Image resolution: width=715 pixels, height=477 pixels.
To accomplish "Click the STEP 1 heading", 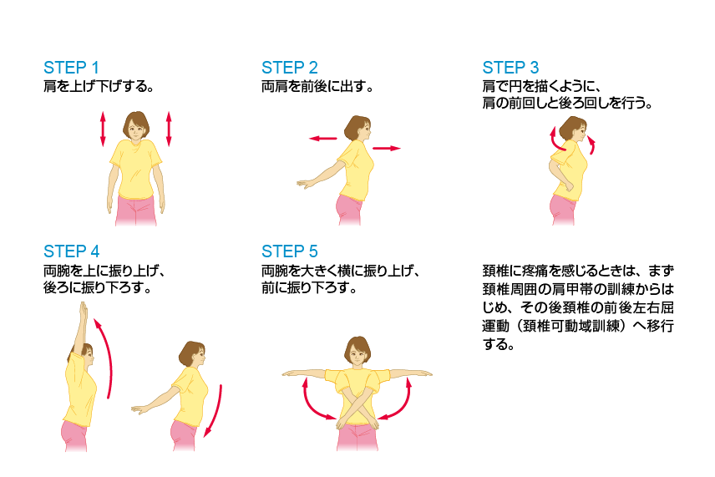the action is [x=71, y=68].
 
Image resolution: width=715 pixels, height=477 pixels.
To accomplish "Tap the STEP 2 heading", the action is [x=290, y=68].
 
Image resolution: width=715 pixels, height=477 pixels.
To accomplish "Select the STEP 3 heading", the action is [x=510, y=68].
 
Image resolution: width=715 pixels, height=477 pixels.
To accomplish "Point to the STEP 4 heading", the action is [x=71, y=251].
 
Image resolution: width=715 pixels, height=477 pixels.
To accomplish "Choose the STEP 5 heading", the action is [x=290, y=251].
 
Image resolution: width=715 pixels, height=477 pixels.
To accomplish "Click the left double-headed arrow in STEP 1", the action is [x=103, y=129].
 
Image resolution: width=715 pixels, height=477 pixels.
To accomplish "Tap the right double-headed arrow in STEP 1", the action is [x=169, y=129].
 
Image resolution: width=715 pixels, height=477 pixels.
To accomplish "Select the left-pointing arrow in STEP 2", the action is [x=323, y=138].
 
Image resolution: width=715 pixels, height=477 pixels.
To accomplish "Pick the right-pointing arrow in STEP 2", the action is [x=387, y=148].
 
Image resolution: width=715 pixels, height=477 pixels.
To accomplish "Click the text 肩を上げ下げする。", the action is [x=99, y=87].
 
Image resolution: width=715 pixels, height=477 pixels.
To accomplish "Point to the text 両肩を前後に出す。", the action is [x=317, y=87].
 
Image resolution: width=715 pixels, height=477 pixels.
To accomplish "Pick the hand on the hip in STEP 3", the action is [x=568, y=186].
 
